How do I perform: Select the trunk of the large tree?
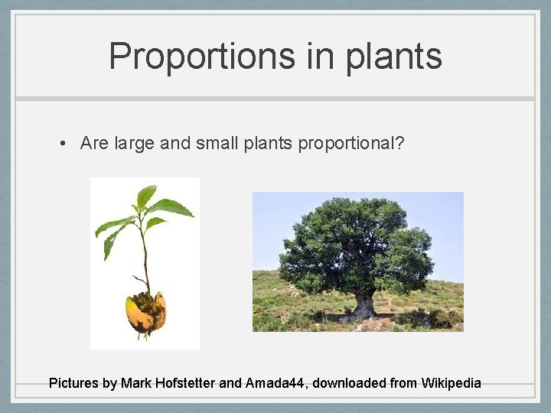pyautogui.click(x=363, y=305)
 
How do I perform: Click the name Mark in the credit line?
pyautogui.click(x=138, y=382)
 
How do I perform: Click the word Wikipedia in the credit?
pyautogui.click(x=451, y=382)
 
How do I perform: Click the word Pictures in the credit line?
pyautogui.click(x=73, y=382)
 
